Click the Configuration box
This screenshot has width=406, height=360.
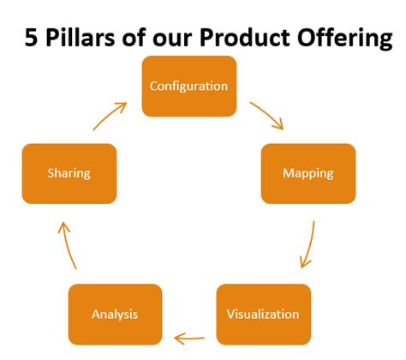[x=188, y=86]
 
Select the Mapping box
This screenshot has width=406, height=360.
[x=307, y=173]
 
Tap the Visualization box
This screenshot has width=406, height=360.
[x=263, y=314]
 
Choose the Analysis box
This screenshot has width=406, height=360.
[x=114, y=314]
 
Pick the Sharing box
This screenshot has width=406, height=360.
[x=69, y=173]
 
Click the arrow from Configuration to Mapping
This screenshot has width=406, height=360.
[x=266, y=115]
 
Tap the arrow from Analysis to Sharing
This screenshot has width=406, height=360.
[x=67, y=245]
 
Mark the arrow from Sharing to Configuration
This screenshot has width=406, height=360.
[x=110, y=115]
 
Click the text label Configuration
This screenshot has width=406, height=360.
[x=188, y=86]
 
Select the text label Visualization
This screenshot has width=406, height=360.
[x=263, y=314]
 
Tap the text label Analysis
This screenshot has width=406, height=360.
[x=114, y=314]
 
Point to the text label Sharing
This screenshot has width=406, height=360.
[x=69, y=173]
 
